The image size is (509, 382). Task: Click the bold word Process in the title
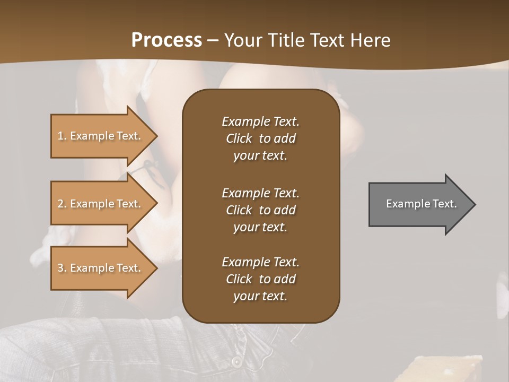[166, 40]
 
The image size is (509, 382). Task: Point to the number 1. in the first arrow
[62, 136]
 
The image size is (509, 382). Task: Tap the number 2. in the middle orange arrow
[62, 204]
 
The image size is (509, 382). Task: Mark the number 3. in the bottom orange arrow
[62, 268]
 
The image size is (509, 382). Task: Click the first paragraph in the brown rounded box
[260, 138]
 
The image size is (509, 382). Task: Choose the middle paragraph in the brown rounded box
[260, 210]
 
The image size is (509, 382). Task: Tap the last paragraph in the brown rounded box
[260, 279]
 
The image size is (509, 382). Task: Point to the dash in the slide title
[213, 41]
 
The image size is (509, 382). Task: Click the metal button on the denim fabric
[236, 362]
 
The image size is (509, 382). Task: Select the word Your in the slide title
[241, 40]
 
